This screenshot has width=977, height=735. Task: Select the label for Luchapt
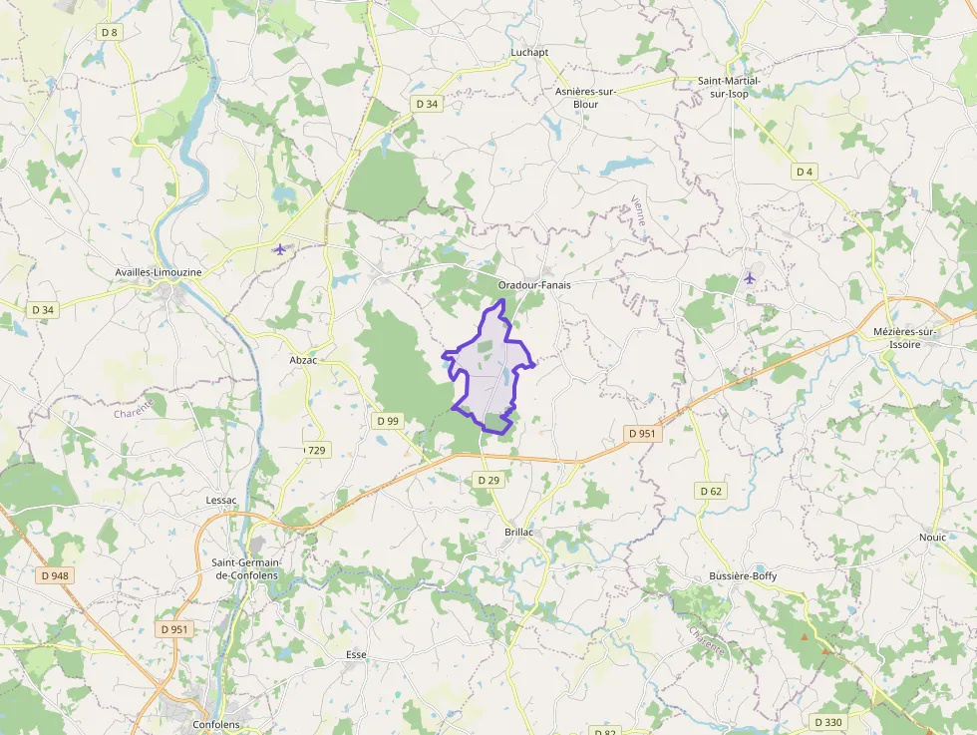point(529,52)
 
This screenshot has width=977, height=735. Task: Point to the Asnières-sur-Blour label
point(585,97)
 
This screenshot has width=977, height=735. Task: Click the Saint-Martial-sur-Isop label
point(729,87)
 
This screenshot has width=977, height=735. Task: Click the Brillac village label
point(518,533)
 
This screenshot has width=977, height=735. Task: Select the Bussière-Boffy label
point(742,576)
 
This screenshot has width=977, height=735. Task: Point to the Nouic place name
point(932,538)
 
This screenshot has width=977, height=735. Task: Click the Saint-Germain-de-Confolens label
point(246,568)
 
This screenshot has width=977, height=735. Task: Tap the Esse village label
point(356,654)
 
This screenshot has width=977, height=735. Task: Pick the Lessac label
point(220,500)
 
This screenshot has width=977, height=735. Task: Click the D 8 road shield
point(109,33)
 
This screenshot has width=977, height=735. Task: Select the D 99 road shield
point(388,421)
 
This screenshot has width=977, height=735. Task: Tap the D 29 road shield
point(488,481)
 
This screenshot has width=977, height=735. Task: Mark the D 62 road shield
point(711,491)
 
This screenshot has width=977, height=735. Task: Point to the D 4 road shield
point(805,172)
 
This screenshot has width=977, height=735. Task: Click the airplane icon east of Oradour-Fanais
point(750,278)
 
